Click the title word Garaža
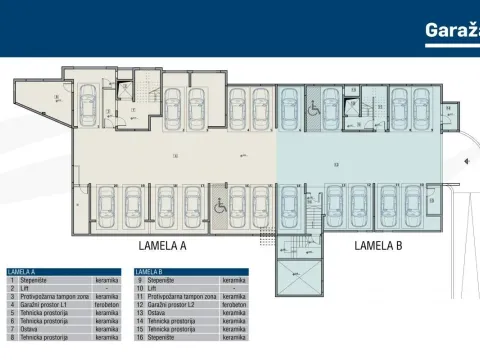point(452,31)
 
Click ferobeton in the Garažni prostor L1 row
point(107,305)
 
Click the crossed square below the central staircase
point(297,280)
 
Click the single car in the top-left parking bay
point(87,101)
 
